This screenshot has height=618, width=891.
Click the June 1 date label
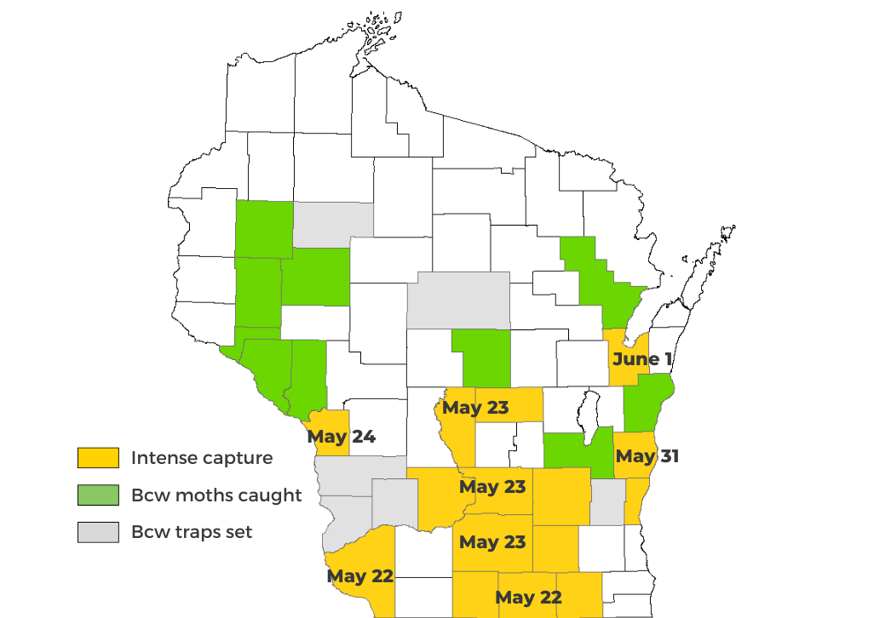pyautogui.click(x=641, y=359)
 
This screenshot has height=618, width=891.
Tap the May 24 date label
pyautogui.click(x=342, y=438)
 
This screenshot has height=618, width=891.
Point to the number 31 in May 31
pyautogui.click(x=668, y=456)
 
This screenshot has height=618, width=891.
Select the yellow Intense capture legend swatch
pyautogui.click(x=98, y=458)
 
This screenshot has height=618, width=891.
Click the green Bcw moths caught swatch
pyautogui.click(x=98, y=495)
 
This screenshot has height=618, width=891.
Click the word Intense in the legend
pyautogui.click(x=164, y=458)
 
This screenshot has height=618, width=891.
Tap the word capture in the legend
pyautogui.click(x=238, y=459)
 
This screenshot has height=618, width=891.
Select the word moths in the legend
pyautogui.click(x=201, y=495)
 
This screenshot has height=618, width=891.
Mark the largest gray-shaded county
pyautogui.click(x=458, y=300)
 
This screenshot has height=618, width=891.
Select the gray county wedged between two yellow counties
pyautogui.click(x=607, y=501)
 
